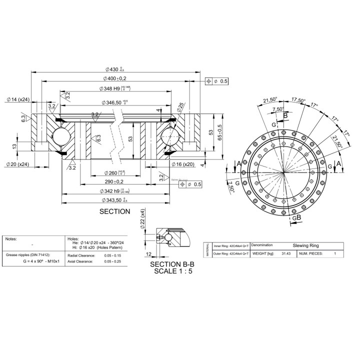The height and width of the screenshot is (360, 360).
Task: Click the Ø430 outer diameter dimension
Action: [113, 69]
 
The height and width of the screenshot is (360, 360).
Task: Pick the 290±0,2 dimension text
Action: [114, 181]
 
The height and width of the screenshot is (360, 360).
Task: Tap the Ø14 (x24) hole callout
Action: [18, 99]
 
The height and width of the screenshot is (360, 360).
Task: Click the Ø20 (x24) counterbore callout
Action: [18, 164]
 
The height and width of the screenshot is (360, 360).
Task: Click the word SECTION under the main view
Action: [115, 211]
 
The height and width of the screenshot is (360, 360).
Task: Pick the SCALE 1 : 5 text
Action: [172, 271]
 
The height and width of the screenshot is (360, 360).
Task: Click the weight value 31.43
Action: [285, 253]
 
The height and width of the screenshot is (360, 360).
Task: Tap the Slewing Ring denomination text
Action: [305, 246]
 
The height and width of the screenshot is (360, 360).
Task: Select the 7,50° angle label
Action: [278, 109]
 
